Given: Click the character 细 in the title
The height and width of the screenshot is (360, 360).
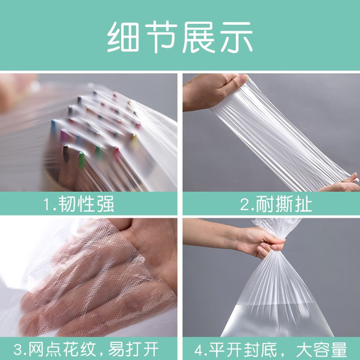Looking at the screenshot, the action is point(123,37).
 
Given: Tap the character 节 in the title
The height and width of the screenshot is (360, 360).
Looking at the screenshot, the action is point(161,37).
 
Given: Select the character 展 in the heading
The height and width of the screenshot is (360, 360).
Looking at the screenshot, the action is point(199,37).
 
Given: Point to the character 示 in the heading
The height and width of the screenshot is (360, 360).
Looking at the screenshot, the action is point(236,37).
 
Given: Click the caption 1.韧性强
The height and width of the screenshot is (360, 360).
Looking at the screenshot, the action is point(79,204).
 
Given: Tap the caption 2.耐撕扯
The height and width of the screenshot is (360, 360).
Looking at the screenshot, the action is point(276,204).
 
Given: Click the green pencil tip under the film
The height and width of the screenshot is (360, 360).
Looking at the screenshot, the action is point(82,159).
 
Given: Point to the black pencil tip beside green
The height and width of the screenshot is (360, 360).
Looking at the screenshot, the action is point(66,153).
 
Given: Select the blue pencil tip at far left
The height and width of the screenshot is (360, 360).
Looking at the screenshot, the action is point(54,125).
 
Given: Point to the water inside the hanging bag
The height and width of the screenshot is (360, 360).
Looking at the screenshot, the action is point(277,320).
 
